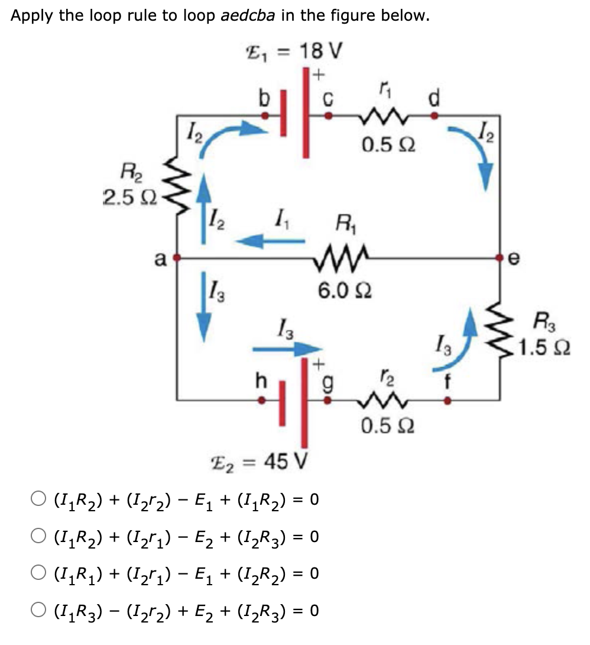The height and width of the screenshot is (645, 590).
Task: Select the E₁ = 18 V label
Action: point(294,50)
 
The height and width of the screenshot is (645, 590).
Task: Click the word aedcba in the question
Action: point(248,16)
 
